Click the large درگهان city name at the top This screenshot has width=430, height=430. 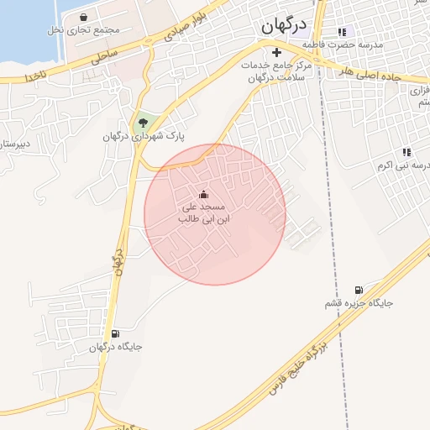point(282,26)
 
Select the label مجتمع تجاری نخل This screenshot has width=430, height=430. point(83,30)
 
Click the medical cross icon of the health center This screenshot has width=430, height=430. point(276,52)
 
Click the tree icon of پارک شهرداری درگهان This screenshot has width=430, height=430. point(141,123)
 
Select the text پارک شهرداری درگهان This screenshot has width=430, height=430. point(144,137)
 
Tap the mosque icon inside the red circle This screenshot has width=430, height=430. point(203,194)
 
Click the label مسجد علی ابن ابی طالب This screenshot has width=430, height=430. point(203,212)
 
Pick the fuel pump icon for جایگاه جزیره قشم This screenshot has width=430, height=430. point(359,289)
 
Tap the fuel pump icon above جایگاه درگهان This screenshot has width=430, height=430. point(115,333)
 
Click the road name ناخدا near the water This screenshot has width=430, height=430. point(39,76)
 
